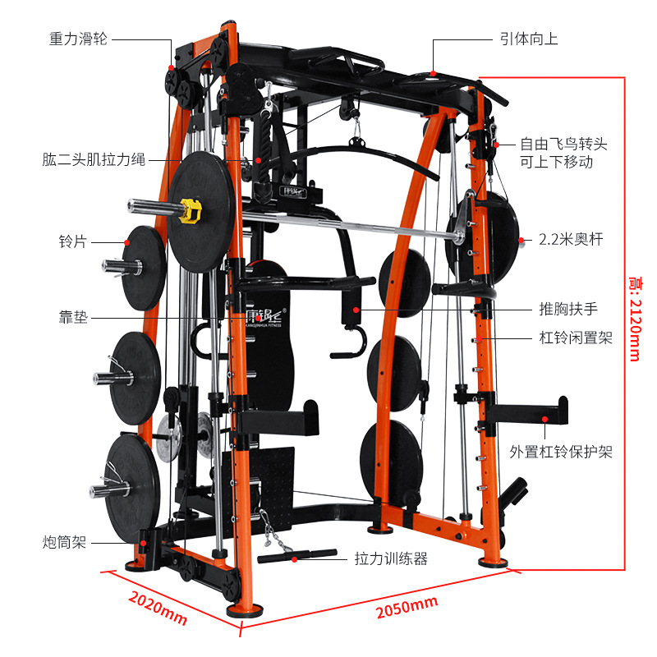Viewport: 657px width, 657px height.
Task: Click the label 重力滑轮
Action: click(79, 39)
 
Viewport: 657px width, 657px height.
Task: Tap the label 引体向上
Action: click(529, 39)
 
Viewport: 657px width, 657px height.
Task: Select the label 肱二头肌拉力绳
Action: click(94, 159)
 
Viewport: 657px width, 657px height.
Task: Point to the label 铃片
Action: click(72, 242)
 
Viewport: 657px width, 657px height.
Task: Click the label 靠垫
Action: click(73, 317)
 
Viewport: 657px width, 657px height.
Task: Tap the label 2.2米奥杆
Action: click(571, 241)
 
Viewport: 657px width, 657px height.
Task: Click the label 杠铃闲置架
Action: click(576, 338)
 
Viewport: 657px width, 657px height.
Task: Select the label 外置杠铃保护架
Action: click(561, 452)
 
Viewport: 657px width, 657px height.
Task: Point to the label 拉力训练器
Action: click(391, 558)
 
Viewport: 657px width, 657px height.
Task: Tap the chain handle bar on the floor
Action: click(296, 555)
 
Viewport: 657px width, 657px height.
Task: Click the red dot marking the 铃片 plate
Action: click(127, 242)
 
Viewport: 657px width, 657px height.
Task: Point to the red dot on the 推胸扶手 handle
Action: click(356, 310)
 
